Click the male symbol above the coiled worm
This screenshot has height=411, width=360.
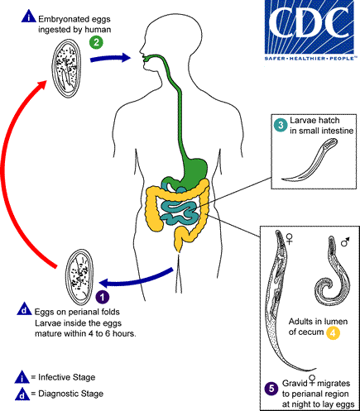click(x=344, y=241)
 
